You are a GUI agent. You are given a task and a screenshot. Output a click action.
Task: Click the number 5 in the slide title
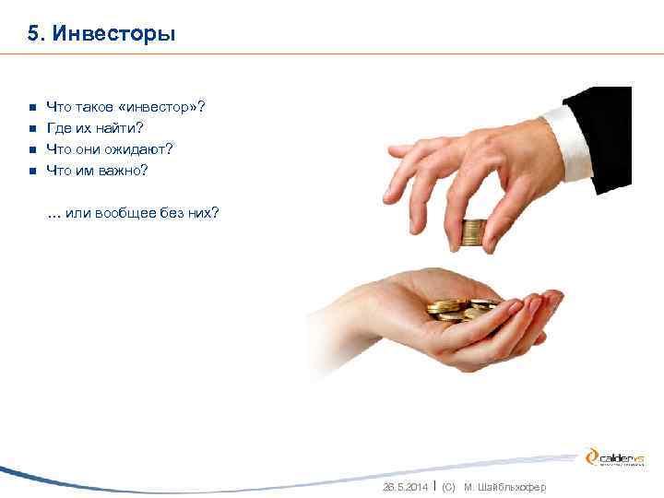click(33, 34)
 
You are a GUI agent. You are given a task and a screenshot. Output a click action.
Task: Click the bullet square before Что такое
click(30, 109)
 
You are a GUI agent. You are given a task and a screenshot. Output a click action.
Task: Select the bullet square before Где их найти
click(30, 129)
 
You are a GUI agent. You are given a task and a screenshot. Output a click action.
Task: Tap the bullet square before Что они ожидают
click(30, 149)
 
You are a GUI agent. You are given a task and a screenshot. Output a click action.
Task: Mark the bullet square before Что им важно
click(30, 170)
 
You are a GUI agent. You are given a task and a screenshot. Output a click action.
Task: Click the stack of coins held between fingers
click(474, 231)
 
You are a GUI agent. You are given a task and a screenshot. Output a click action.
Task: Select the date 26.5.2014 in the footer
click(405, 486)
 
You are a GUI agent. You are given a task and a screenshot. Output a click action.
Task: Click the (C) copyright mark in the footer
click(449, 486)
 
